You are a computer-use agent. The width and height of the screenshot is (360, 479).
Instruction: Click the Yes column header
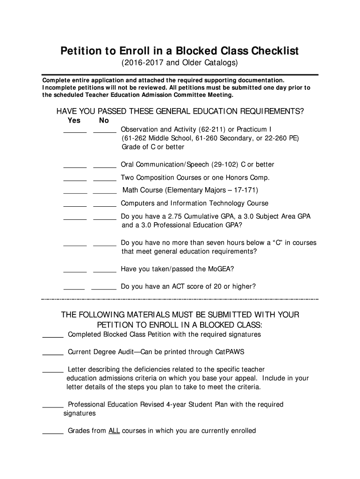click(x=74, y=120)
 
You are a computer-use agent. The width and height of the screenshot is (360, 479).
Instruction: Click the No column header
click(x=104, y=120)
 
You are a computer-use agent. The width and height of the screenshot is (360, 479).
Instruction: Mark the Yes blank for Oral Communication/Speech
click(x=75, y=166)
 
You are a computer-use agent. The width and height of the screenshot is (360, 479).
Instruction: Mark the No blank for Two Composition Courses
click(x=105, y=179)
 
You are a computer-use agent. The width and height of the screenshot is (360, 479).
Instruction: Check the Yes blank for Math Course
click(x=75, y=192)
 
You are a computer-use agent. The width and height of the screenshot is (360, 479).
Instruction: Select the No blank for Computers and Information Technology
click(x=105, y=205)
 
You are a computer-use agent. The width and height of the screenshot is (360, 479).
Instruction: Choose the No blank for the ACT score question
click(x=104, y=288)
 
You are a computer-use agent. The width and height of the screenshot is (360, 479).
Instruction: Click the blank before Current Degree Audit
click(x=53, y=353)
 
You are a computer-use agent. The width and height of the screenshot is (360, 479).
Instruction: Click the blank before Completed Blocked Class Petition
click(x=53, y=336)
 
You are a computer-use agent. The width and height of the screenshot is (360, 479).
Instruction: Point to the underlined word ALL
click(x=114, y=431)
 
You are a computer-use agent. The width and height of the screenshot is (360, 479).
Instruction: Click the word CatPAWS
click(x=230, y=352)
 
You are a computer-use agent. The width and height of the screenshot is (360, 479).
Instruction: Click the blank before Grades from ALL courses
click(x=53, y=432)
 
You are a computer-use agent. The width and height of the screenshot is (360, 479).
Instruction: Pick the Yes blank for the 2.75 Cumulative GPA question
click(x=75, y=218)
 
